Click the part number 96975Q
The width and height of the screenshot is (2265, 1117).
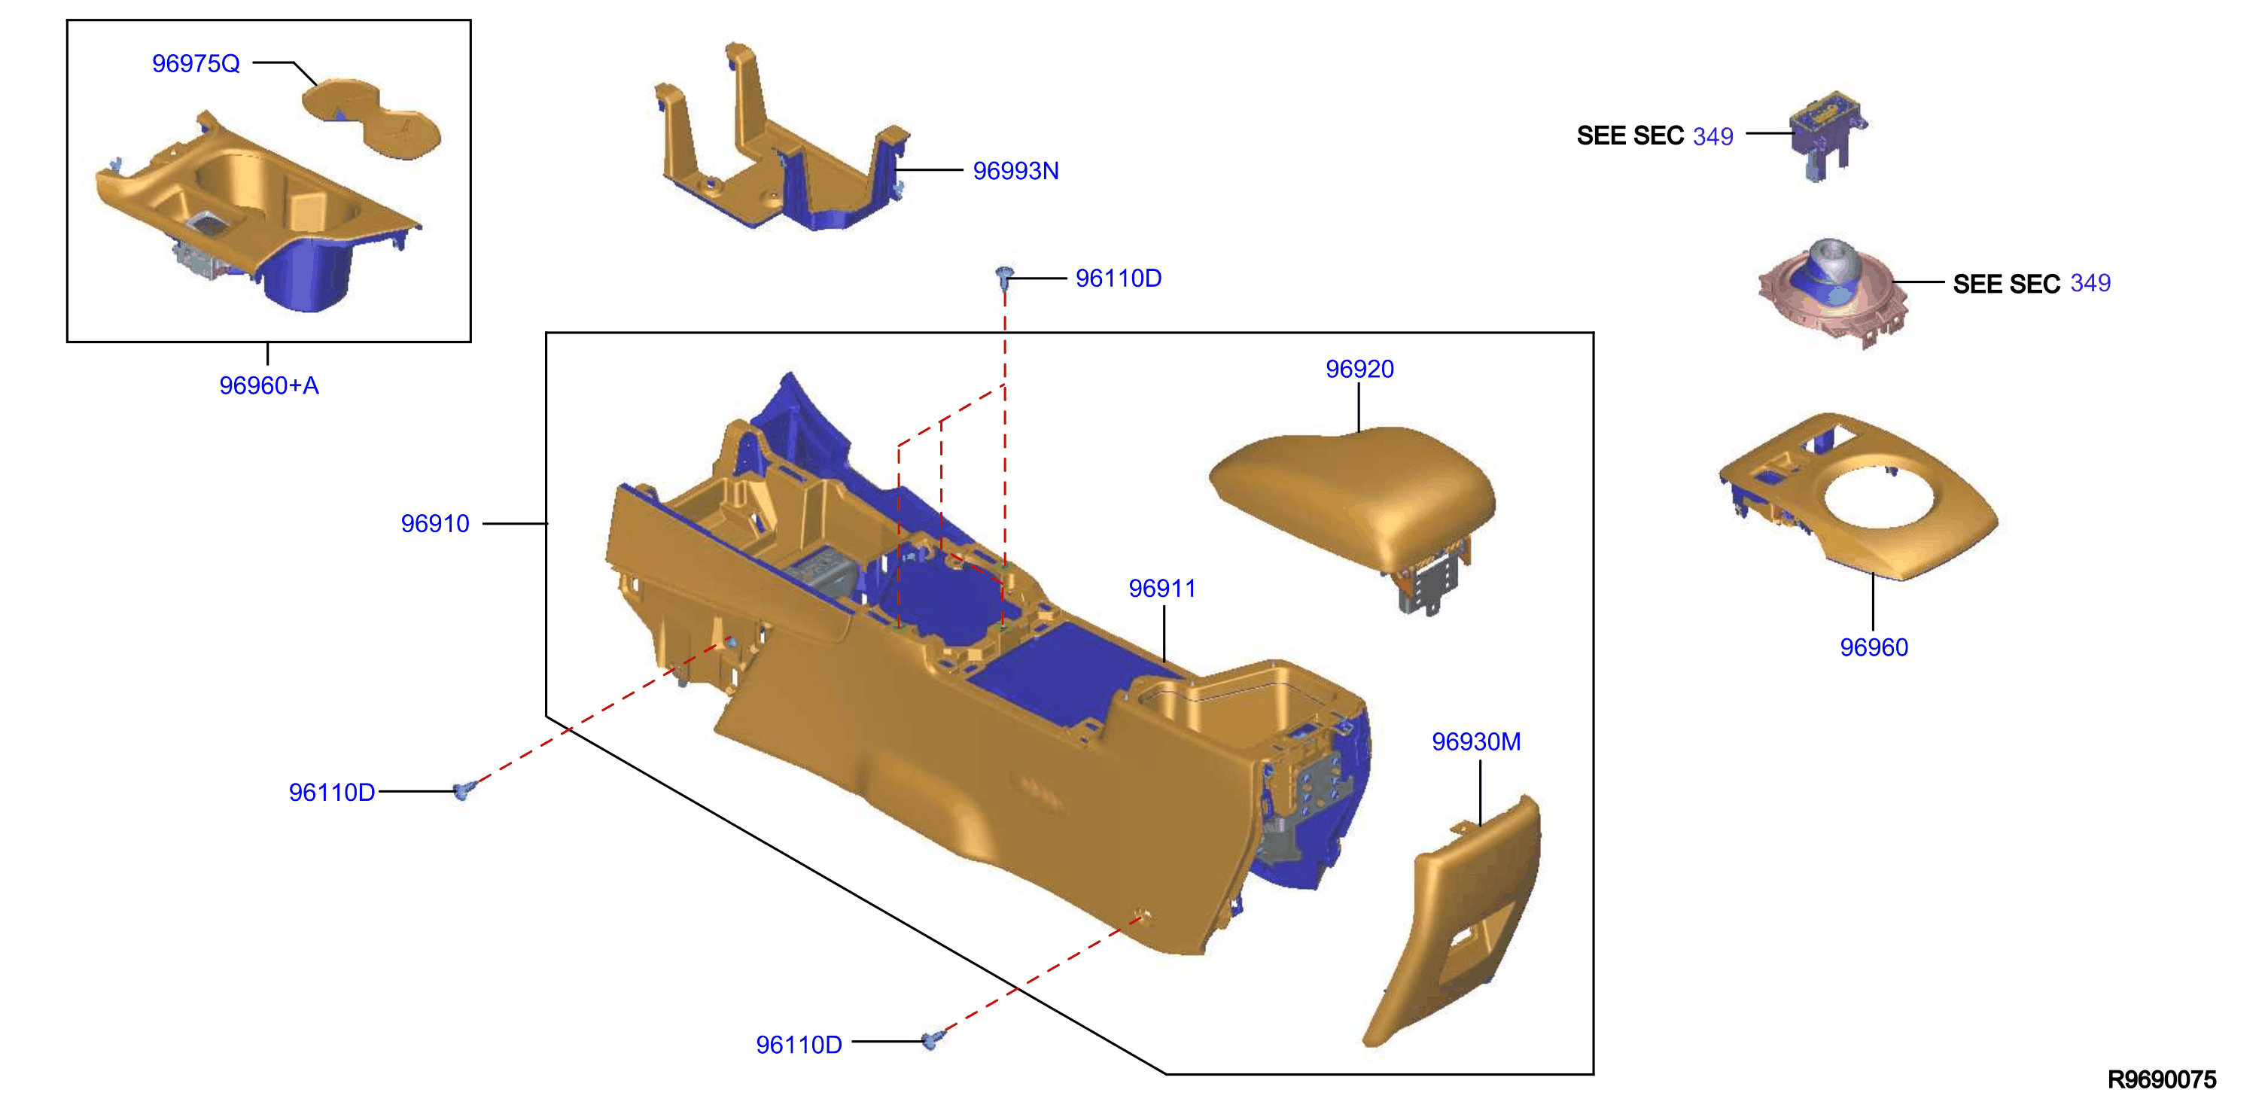[195, 63]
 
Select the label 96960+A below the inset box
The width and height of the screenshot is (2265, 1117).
[269, 385]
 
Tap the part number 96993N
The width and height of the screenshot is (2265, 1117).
[1015, 171]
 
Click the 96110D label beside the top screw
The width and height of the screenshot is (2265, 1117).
[1119, 278]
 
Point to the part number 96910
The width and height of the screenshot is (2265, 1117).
[434, 523]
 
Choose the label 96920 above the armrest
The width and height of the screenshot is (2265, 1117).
[1359, 369]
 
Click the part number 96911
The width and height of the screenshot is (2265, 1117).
[1162, 589]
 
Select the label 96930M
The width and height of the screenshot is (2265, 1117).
[1476, 741]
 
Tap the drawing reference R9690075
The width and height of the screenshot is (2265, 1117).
[2162, 1079]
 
